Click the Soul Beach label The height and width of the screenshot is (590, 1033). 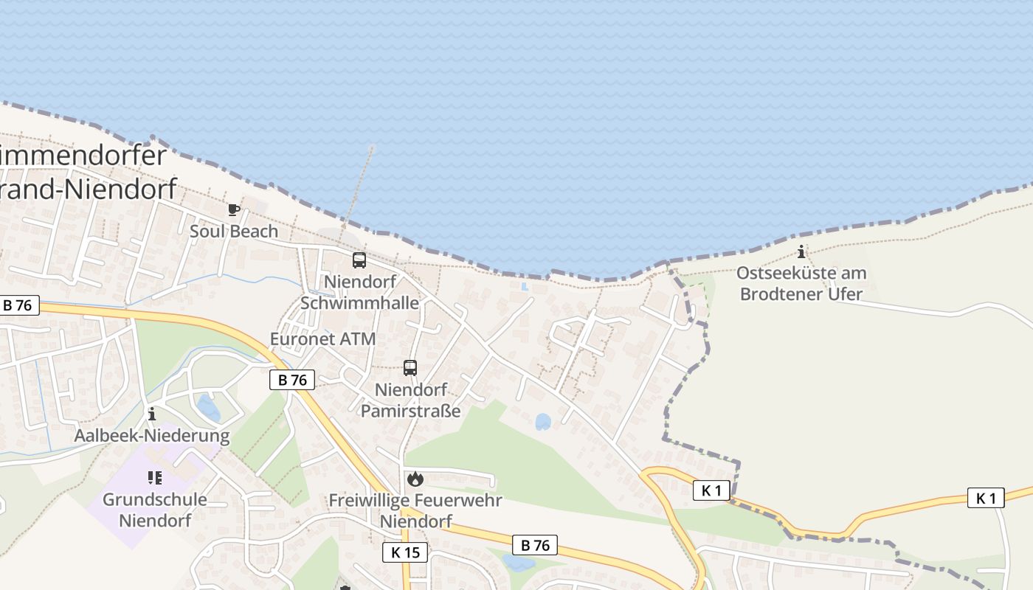click(234, 231)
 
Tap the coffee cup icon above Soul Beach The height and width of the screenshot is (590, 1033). click(234, 210)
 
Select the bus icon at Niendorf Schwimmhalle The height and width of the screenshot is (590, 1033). click(359, 260)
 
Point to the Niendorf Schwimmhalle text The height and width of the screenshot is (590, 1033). click(359, 292)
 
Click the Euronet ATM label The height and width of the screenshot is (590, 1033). click(322, 339)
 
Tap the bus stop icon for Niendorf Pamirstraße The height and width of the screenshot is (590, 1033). click(410, 368)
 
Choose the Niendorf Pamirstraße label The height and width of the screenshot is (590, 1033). click(410, 400)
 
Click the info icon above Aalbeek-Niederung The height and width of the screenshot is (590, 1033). click(152, 414)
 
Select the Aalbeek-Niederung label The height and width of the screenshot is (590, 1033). click(152, 435)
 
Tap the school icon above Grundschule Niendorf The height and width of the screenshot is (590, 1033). click(154, 478)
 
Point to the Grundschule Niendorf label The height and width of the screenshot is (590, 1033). click(154, 510)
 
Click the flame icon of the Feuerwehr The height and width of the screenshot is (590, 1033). click(415, 479)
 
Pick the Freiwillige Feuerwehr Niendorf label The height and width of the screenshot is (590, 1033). click(415, 510)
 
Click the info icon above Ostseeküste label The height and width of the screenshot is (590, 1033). click(802, 251)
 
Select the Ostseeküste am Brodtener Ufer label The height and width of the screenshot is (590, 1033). click(801, 283)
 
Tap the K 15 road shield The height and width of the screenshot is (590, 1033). click(405, 552)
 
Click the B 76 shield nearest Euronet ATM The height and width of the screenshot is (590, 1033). click(292, 380)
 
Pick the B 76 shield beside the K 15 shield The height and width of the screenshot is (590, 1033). click(535, 545)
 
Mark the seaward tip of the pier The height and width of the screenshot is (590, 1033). click(372, 149)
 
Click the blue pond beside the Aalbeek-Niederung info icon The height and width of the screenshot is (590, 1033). click(208, 408)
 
